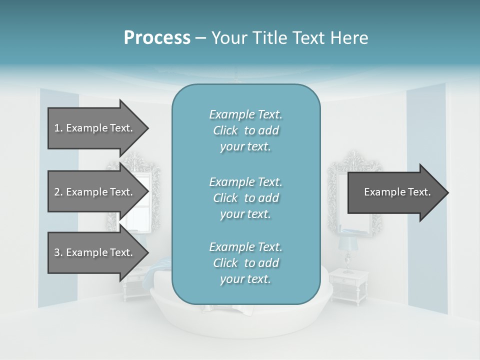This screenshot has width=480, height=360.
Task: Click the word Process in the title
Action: [157, 38]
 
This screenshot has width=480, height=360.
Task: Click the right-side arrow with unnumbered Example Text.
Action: [395, 192]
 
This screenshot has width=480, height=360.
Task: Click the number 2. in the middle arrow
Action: [58, 192]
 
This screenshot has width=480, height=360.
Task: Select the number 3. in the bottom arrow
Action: [58, 252]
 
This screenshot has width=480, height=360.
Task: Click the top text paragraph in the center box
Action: [245, 130]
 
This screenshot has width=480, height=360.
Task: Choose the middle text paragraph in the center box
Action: [245, 198]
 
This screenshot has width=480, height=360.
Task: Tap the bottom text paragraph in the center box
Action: [245, 263]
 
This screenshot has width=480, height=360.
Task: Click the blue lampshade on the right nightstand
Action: [346, 243]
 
